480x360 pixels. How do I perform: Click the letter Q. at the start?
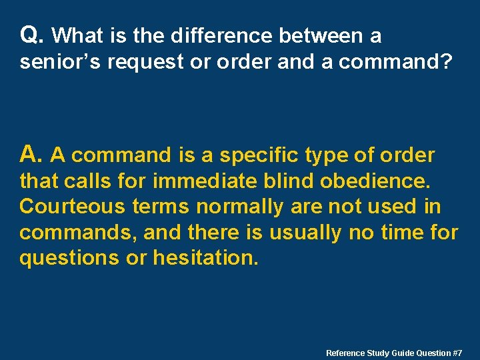32,34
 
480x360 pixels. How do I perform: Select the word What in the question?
74,35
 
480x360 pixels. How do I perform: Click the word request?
140,63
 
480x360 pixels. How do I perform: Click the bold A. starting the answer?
31,155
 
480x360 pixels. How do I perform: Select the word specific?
259,155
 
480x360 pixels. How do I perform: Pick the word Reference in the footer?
345,353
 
